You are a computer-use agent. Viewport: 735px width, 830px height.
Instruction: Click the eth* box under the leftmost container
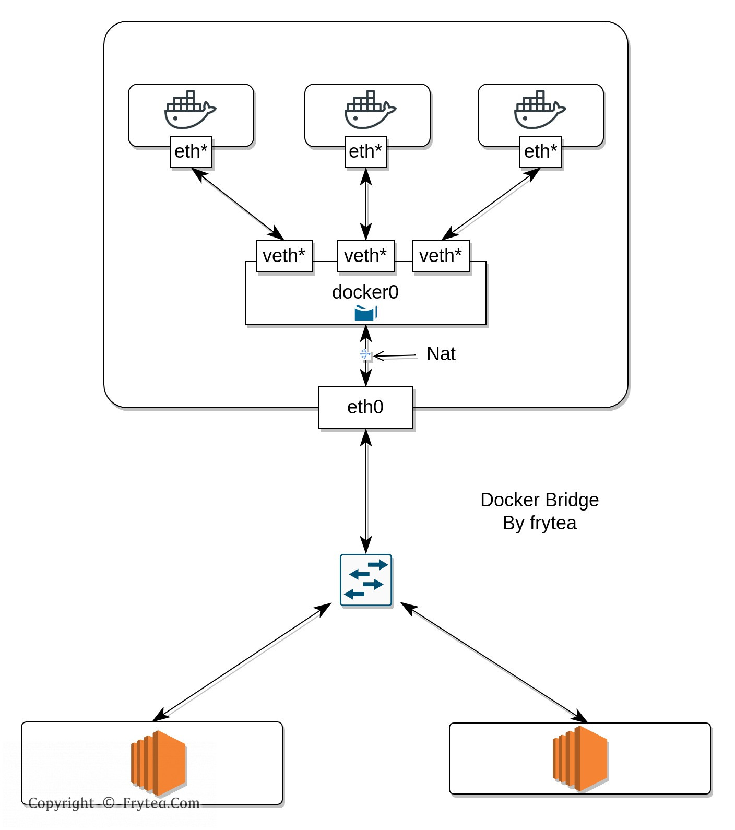coord(191,152)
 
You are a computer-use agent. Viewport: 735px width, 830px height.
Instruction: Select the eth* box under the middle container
coord(365,152)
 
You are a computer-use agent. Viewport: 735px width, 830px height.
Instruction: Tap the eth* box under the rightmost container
coord(540,152)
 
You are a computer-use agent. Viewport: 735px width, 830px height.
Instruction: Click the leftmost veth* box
coord(284,256)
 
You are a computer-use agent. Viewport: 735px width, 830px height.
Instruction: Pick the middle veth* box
coord(365,256)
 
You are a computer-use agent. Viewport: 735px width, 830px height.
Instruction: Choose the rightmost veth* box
coord(441,256)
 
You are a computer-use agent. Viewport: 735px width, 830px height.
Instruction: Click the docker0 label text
coord(365,292)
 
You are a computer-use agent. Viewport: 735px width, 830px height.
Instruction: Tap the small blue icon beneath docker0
coord(365,313)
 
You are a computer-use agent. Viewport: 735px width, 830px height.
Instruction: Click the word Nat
coord(441,354)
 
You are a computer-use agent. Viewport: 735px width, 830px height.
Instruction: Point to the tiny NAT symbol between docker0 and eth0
coord(366,355)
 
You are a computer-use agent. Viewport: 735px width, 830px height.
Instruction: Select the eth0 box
coord(365,407)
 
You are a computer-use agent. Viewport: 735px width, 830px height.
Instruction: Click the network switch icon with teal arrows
coord(366,580)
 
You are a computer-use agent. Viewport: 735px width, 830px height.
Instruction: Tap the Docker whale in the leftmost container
coord(189,110)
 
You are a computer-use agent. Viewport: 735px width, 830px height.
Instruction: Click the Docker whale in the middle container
coord(370,110)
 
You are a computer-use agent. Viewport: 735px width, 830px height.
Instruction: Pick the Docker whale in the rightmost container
coord(539,110)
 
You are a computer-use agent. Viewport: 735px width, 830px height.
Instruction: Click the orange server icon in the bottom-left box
coord(158,760)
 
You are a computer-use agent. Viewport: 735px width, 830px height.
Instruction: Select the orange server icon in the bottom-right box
coord(580,758)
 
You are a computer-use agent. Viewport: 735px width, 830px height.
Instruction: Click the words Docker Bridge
coord(539,500)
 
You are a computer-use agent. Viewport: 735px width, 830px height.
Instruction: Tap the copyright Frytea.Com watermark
coord(114,803)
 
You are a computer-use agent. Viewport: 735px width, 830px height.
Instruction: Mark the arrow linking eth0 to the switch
coord(366,491)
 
